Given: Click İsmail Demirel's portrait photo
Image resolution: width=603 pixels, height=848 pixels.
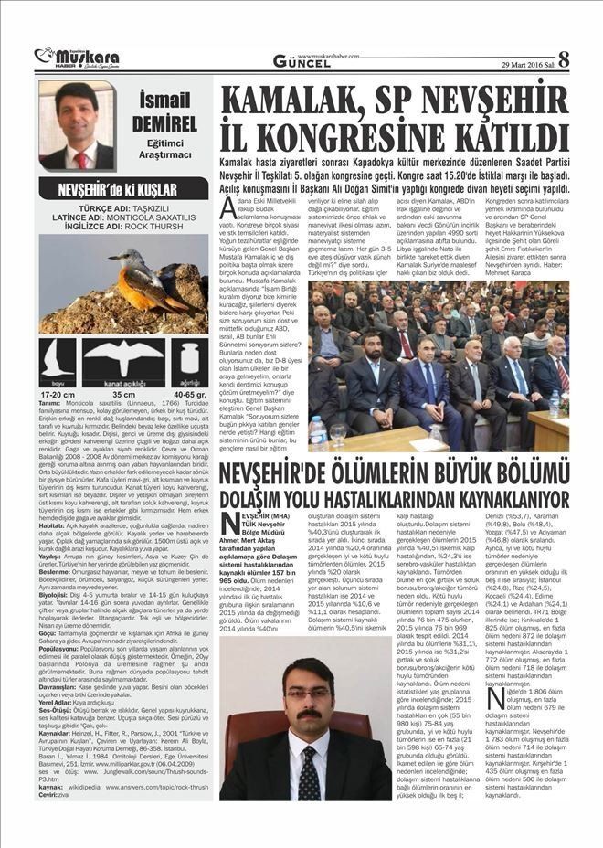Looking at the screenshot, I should click(77, 126).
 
